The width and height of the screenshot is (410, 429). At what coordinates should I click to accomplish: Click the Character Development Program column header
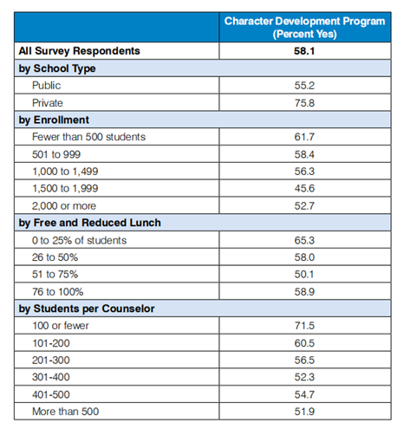pyautogui.click(x=304, y=28)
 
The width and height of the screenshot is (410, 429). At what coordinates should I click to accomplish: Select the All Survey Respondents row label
pyautogui.click(x=79, y=51)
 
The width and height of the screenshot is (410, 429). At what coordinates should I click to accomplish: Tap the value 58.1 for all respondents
pyautogui.click(x=304, y=51)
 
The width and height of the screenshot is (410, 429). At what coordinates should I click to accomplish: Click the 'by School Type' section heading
pyautogui.click(x=57, y=68)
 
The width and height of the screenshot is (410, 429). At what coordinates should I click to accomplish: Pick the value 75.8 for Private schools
pyautogui.click(x=304, y=103)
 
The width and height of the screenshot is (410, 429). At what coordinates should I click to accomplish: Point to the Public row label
pyautogui.click(x=46, y=86)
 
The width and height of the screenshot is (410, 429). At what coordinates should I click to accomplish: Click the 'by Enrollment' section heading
pyautogui.click(x=54, y=120)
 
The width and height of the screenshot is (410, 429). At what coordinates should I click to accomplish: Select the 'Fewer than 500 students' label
pyautogui.click(x=88, y=137)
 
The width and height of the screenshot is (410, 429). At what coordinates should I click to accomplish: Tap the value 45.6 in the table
pyautogui.click(x=304, y=188)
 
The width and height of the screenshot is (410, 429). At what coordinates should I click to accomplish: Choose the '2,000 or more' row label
pyautogui.click(x=64, y=206)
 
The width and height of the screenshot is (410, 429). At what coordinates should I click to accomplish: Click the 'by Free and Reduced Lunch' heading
pyautogui.click(x=89, y=223)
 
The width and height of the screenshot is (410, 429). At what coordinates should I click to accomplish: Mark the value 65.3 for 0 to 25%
pyautogui.click(x=304, y=240)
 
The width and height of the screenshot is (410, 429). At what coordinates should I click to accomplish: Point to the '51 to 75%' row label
pyautogui.click(x=55, y=274)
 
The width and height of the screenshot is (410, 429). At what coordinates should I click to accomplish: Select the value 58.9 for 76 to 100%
pyautogui.click(x=304, y=292)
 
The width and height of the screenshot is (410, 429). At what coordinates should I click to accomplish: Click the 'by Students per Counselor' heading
pyautogui.click(x=87, y=309)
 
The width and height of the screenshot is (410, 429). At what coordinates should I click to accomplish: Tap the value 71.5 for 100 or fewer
pyautogui.click(x=304, y=326)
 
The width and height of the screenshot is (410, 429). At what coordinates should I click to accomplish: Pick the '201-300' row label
pyautogui.click(x=51, y=361)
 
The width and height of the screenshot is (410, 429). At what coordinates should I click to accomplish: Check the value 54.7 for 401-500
pyautogui.click(x=304, y=394)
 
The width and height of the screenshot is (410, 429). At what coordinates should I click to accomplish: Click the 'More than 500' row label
pyautogui.click(x=65, y=412)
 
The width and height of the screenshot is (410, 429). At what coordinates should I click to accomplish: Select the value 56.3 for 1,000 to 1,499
pyautogui.click(x=304, y=172)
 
